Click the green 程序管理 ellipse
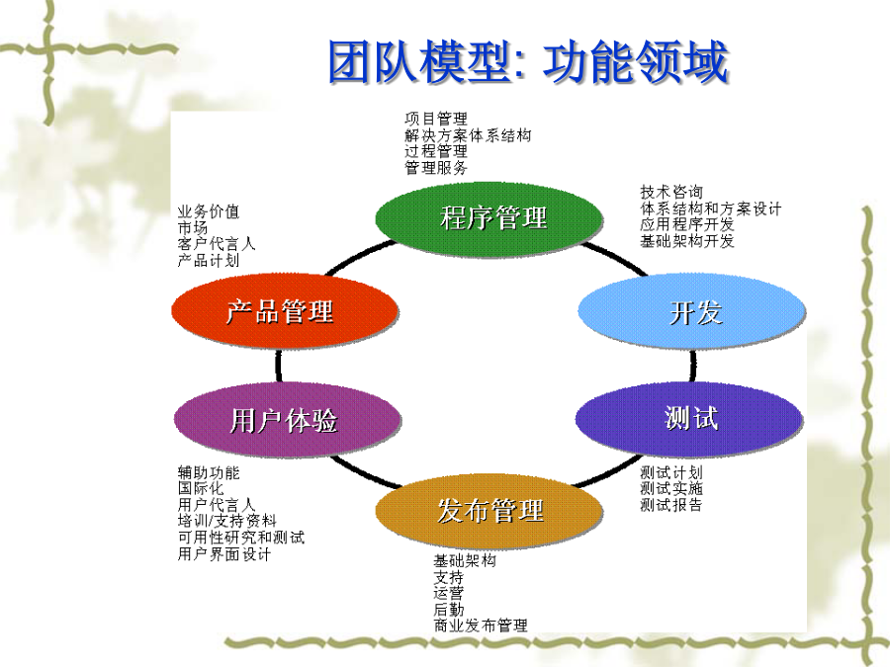[489, 217]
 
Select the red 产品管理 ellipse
[285, 310]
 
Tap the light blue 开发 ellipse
[691, 310]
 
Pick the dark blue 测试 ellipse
[689, 419]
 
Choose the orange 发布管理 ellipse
[489, 511]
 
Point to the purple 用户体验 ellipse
[287, 420]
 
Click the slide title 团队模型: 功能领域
[528, 62]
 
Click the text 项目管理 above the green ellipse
[436, 120]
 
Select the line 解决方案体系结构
[468, 135]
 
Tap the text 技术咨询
[671, 192]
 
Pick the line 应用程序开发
[687, 224]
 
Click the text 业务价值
[209, 211]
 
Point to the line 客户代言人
[217, 244]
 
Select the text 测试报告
[671, 505]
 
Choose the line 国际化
[201, 488]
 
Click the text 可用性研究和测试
[240, 538]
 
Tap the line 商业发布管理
[481, 625]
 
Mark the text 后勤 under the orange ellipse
[449, 610]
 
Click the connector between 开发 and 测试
[692, 365]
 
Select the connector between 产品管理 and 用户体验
[279, 366]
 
